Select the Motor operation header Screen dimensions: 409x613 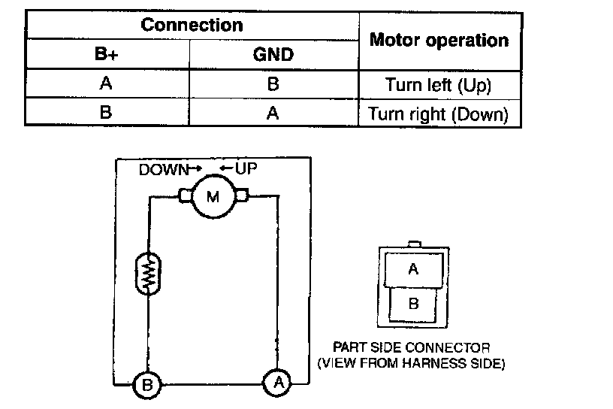tap(439, 40)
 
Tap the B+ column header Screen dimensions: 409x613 tap(107, 54)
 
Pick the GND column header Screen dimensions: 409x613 tap(273, 54)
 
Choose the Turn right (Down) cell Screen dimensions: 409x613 tap(439, 114)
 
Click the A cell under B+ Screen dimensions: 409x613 tap(107, 84)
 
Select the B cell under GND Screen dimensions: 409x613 tap(273, 84)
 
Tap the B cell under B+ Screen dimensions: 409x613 tap(107, 114)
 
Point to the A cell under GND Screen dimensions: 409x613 tap(273, 114)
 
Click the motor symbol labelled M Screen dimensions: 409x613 tap(213, 198)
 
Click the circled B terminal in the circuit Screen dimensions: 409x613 tap(148, 386)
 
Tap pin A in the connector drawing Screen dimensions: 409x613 tap(412, 269)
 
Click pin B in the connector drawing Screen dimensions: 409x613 tap(412, 304)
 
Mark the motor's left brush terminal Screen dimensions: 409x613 tap(185, 198)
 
